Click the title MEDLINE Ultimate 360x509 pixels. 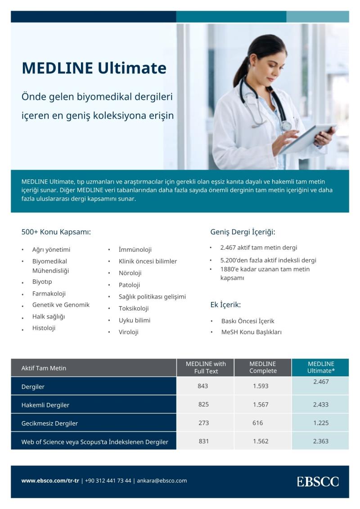coord(94,68)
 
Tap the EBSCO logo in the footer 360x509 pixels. coord(317,482)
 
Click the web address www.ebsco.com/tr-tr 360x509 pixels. coord(50,481)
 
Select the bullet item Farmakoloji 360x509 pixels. coord(49,294)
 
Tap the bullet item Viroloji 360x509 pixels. coord(128,332)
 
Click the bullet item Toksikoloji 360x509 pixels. coord(134,308)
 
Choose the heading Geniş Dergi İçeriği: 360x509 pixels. coord(243,232)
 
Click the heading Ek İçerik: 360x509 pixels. coord(225,305)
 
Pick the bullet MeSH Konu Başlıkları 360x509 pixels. coord(251,332)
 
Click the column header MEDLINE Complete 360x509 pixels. coord(262,367)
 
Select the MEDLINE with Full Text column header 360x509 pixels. coord(206,367)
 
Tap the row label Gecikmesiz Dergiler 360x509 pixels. coord(49,423)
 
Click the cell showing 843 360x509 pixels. coord(203,386)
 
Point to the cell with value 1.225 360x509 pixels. coord(320,423)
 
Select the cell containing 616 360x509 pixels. coord(257,423)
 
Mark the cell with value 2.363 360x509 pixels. coord(320,442)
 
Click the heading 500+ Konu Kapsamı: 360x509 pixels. coord(56,232)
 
